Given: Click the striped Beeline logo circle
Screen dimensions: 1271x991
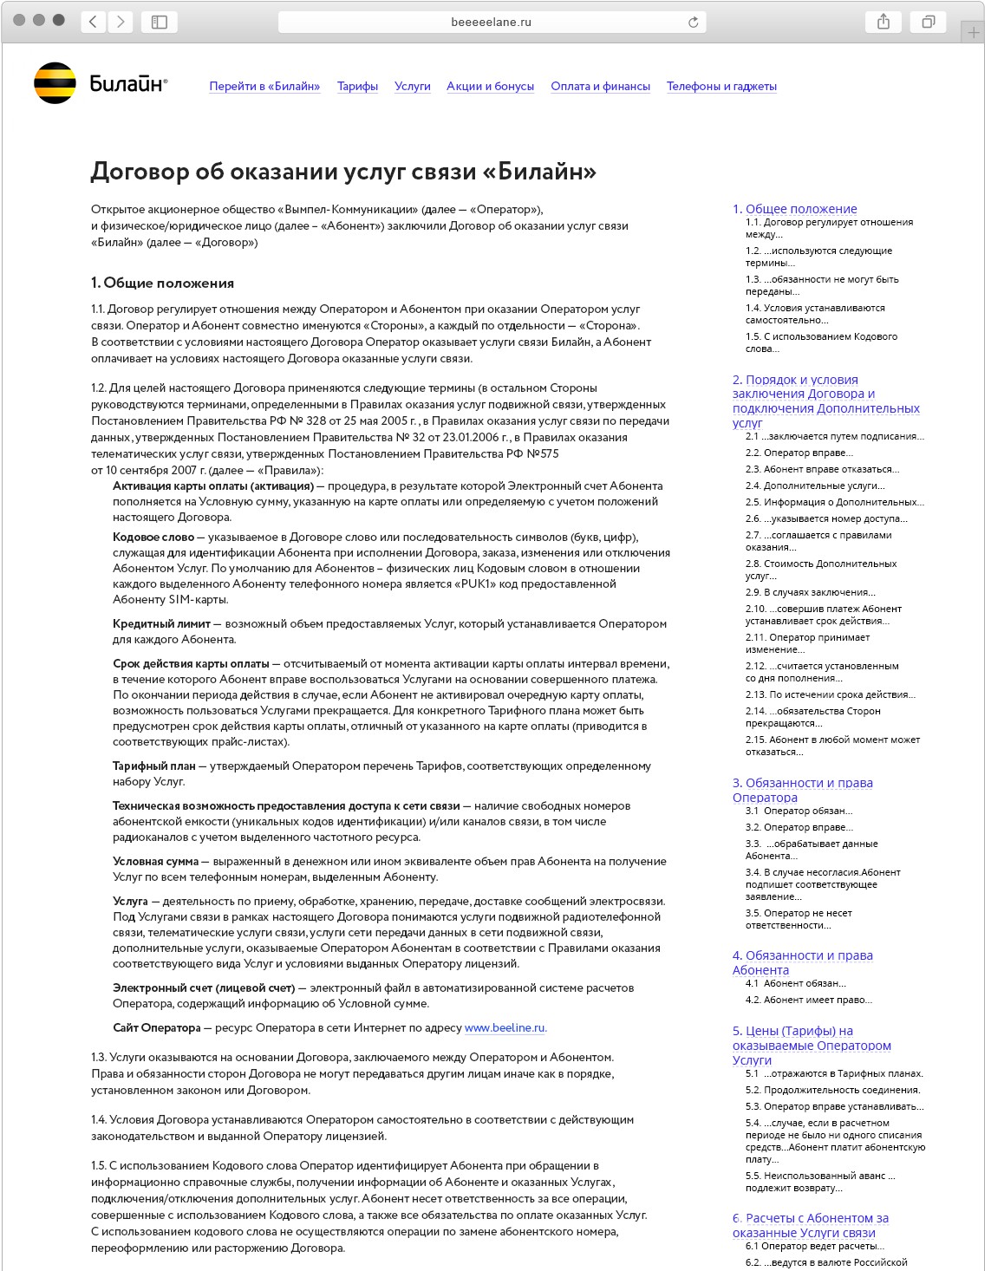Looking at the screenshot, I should tap(55, 84).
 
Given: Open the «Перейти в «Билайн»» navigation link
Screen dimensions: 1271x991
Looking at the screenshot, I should tap(264, 87).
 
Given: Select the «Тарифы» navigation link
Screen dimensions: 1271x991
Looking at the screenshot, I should tap(357, 87).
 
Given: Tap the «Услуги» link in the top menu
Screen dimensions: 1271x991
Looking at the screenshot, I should tap(412, 87).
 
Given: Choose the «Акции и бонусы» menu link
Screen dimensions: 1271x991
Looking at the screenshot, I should tap(490, 87).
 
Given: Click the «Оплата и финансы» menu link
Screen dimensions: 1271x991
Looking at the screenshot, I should tap(600, 87).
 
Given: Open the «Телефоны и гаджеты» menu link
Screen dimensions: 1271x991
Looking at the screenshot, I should tap(721, 87).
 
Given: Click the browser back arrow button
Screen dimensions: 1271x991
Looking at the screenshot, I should tap(94, 22).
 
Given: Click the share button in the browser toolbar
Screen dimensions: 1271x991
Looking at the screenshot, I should tap(883, 22).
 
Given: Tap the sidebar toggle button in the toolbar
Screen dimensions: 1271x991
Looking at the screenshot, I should tap(159, 22).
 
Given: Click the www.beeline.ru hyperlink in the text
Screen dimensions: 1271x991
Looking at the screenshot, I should tap(505, 1028).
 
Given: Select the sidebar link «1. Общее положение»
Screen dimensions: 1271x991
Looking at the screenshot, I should tap(794, 209).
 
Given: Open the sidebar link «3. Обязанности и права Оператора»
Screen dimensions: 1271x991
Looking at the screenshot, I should tap(802, 790).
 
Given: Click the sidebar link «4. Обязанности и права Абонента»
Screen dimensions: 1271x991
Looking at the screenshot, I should tap(802, 962).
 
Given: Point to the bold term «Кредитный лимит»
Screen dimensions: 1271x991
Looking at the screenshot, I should tap(161, 624).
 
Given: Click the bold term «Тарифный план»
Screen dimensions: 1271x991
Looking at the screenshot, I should tap(153, 766).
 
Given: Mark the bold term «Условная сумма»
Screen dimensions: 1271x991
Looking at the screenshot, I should tap(155, 862).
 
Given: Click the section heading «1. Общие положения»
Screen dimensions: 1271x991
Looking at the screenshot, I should tap(162, 284).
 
